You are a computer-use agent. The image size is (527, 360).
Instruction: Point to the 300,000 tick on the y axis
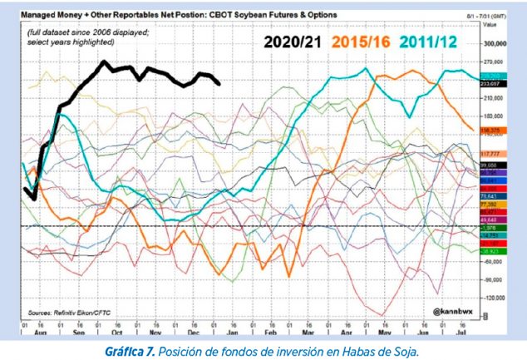(x=495, y=43)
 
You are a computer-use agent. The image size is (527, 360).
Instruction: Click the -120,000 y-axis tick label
(x=495, y=297)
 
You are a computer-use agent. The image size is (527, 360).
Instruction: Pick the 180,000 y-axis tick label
(x=495, y=116)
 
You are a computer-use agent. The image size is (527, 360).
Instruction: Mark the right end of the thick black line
(x=219, y=83)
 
